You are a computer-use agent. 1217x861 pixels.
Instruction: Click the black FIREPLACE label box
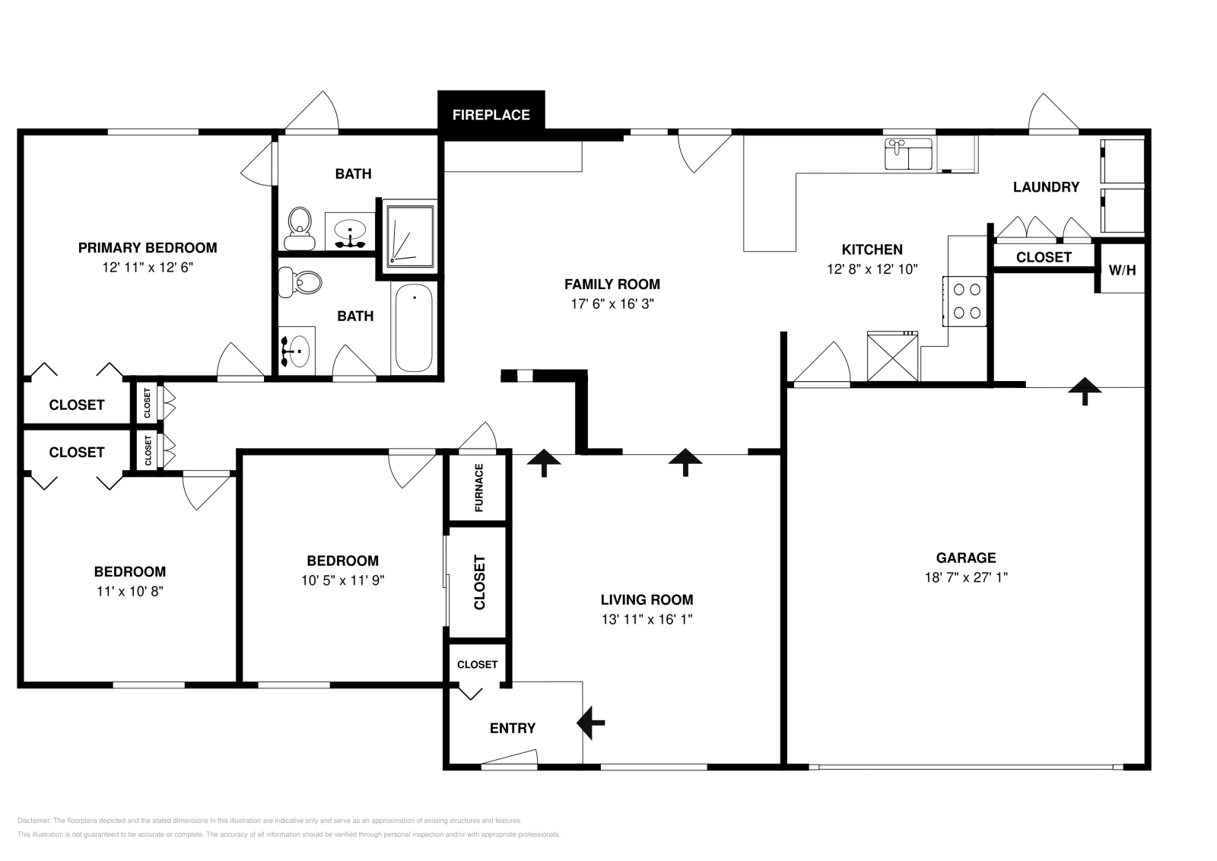pos(491,115)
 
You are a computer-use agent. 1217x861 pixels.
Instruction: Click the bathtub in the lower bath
pos(415,328)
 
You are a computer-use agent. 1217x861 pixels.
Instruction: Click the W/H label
pos(1122,268)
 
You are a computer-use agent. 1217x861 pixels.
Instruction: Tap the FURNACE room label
pos(479,488)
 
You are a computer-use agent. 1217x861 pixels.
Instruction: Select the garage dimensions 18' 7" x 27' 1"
pos(966,577)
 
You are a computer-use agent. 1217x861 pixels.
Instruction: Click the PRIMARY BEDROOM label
pos(148,248)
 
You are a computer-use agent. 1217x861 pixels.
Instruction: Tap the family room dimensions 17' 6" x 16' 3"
pos(612,303)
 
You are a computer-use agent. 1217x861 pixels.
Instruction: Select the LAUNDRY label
pos(1046,187)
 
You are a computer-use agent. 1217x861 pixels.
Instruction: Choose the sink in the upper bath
pos(350,230)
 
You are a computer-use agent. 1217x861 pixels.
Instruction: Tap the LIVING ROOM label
pos(647,600)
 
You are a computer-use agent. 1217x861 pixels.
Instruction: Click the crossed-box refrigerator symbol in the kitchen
pos(893,356)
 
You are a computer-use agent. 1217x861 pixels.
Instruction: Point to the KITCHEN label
pos(872,249)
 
